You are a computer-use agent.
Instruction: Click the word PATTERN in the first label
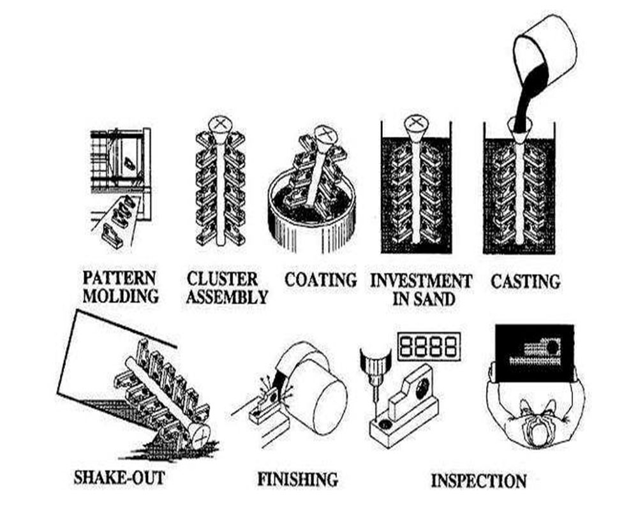(x=119, y=278)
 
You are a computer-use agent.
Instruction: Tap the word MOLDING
(x=121, y=296)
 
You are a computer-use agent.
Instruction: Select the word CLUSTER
(x=222, y=279)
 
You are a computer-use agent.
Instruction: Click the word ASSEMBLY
(x=226, y=297)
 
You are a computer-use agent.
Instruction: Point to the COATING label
(x=321, y=280)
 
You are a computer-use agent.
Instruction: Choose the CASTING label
(x=525, y=281)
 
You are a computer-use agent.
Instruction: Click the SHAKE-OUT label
(x=119, y=477)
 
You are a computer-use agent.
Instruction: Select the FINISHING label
(x=297, y=479)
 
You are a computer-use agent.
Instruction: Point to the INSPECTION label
(x=478, y=481)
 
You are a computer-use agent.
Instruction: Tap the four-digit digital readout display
(x=429, y=346)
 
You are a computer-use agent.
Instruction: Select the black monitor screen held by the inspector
(x=535, y=353)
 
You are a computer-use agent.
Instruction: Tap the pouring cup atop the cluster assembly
(x=219, y=128)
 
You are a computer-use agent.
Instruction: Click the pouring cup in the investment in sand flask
(x=415, y=128)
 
